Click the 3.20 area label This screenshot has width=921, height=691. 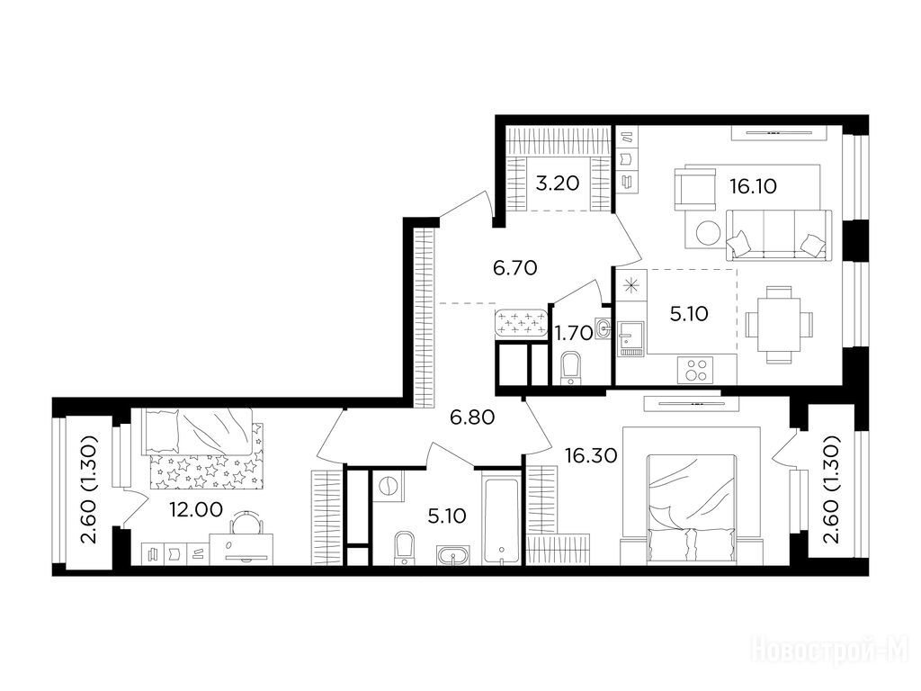click(558, 184)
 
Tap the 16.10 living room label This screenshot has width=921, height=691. click(753, 186)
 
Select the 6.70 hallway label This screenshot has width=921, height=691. click(515, 268)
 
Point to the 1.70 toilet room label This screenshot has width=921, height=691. click(574, 333)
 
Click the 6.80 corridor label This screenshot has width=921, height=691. click(472, 417)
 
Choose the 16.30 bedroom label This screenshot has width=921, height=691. click(591, 454)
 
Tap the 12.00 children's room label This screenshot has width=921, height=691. click(196, 509)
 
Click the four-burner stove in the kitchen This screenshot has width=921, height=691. click(695, 370)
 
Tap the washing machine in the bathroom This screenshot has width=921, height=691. click(388, 487)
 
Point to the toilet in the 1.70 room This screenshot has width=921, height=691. click(569, 368)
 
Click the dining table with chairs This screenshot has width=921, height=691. click(779, 324)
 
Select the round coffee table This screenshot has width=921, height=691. click(709, 232)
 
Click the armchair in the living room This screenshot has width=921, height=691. click(695, 189)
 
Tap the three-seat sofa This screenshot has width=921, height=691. click(779, 235)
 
